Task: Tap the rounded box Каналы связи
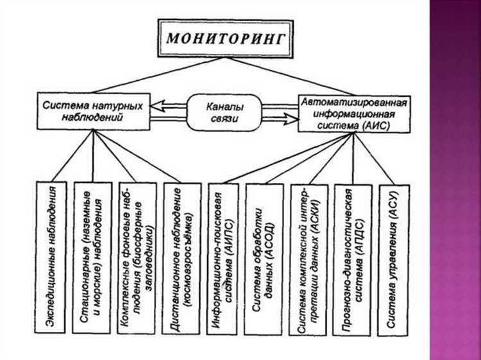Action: click(x=224, y=110)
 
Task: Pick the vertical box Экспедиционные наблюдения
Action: click(x=53, y=257)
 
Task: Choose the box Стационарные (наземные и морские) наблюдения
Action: click(x=92, y=257)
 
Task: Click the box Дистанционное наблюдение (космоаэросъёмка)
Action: click(x=181, y=257)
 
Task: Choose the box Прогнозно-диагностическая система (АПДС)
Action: click(x=352, y=257)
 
